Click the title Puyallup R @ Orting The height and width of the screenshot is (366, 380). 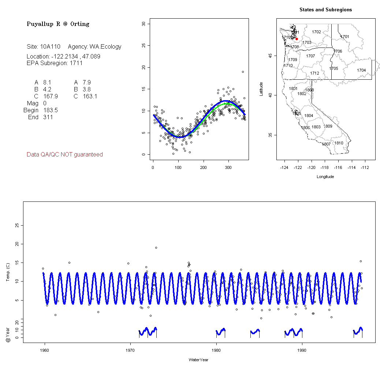tap(58, 24)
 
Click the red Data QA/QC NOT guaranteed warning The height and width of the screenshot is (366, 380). tap(65, 155)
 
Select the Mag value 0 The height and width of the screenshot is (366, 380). tap(45, 103)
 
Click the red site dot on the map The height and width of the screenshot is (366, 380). tap(297, 39)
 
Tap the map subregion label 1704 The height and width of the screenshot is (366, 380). tap(361, 70)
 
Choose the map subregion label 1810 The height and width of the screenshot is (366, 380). tap(339, 143)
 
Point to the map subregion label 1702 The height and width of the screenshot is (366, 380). tap(316, 32)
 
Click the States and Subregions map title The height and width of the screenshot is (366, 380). tap(325, 10)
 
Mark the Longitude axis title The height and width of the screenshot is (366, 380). tap(325, 177)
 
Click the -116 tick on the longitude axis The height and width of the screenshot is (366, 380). tap(338, 167)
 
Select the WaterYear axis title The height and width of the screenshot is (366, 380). tap(199, 360)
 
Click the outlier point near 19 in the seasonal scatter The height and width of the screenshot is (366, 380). tap(243, 72)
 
